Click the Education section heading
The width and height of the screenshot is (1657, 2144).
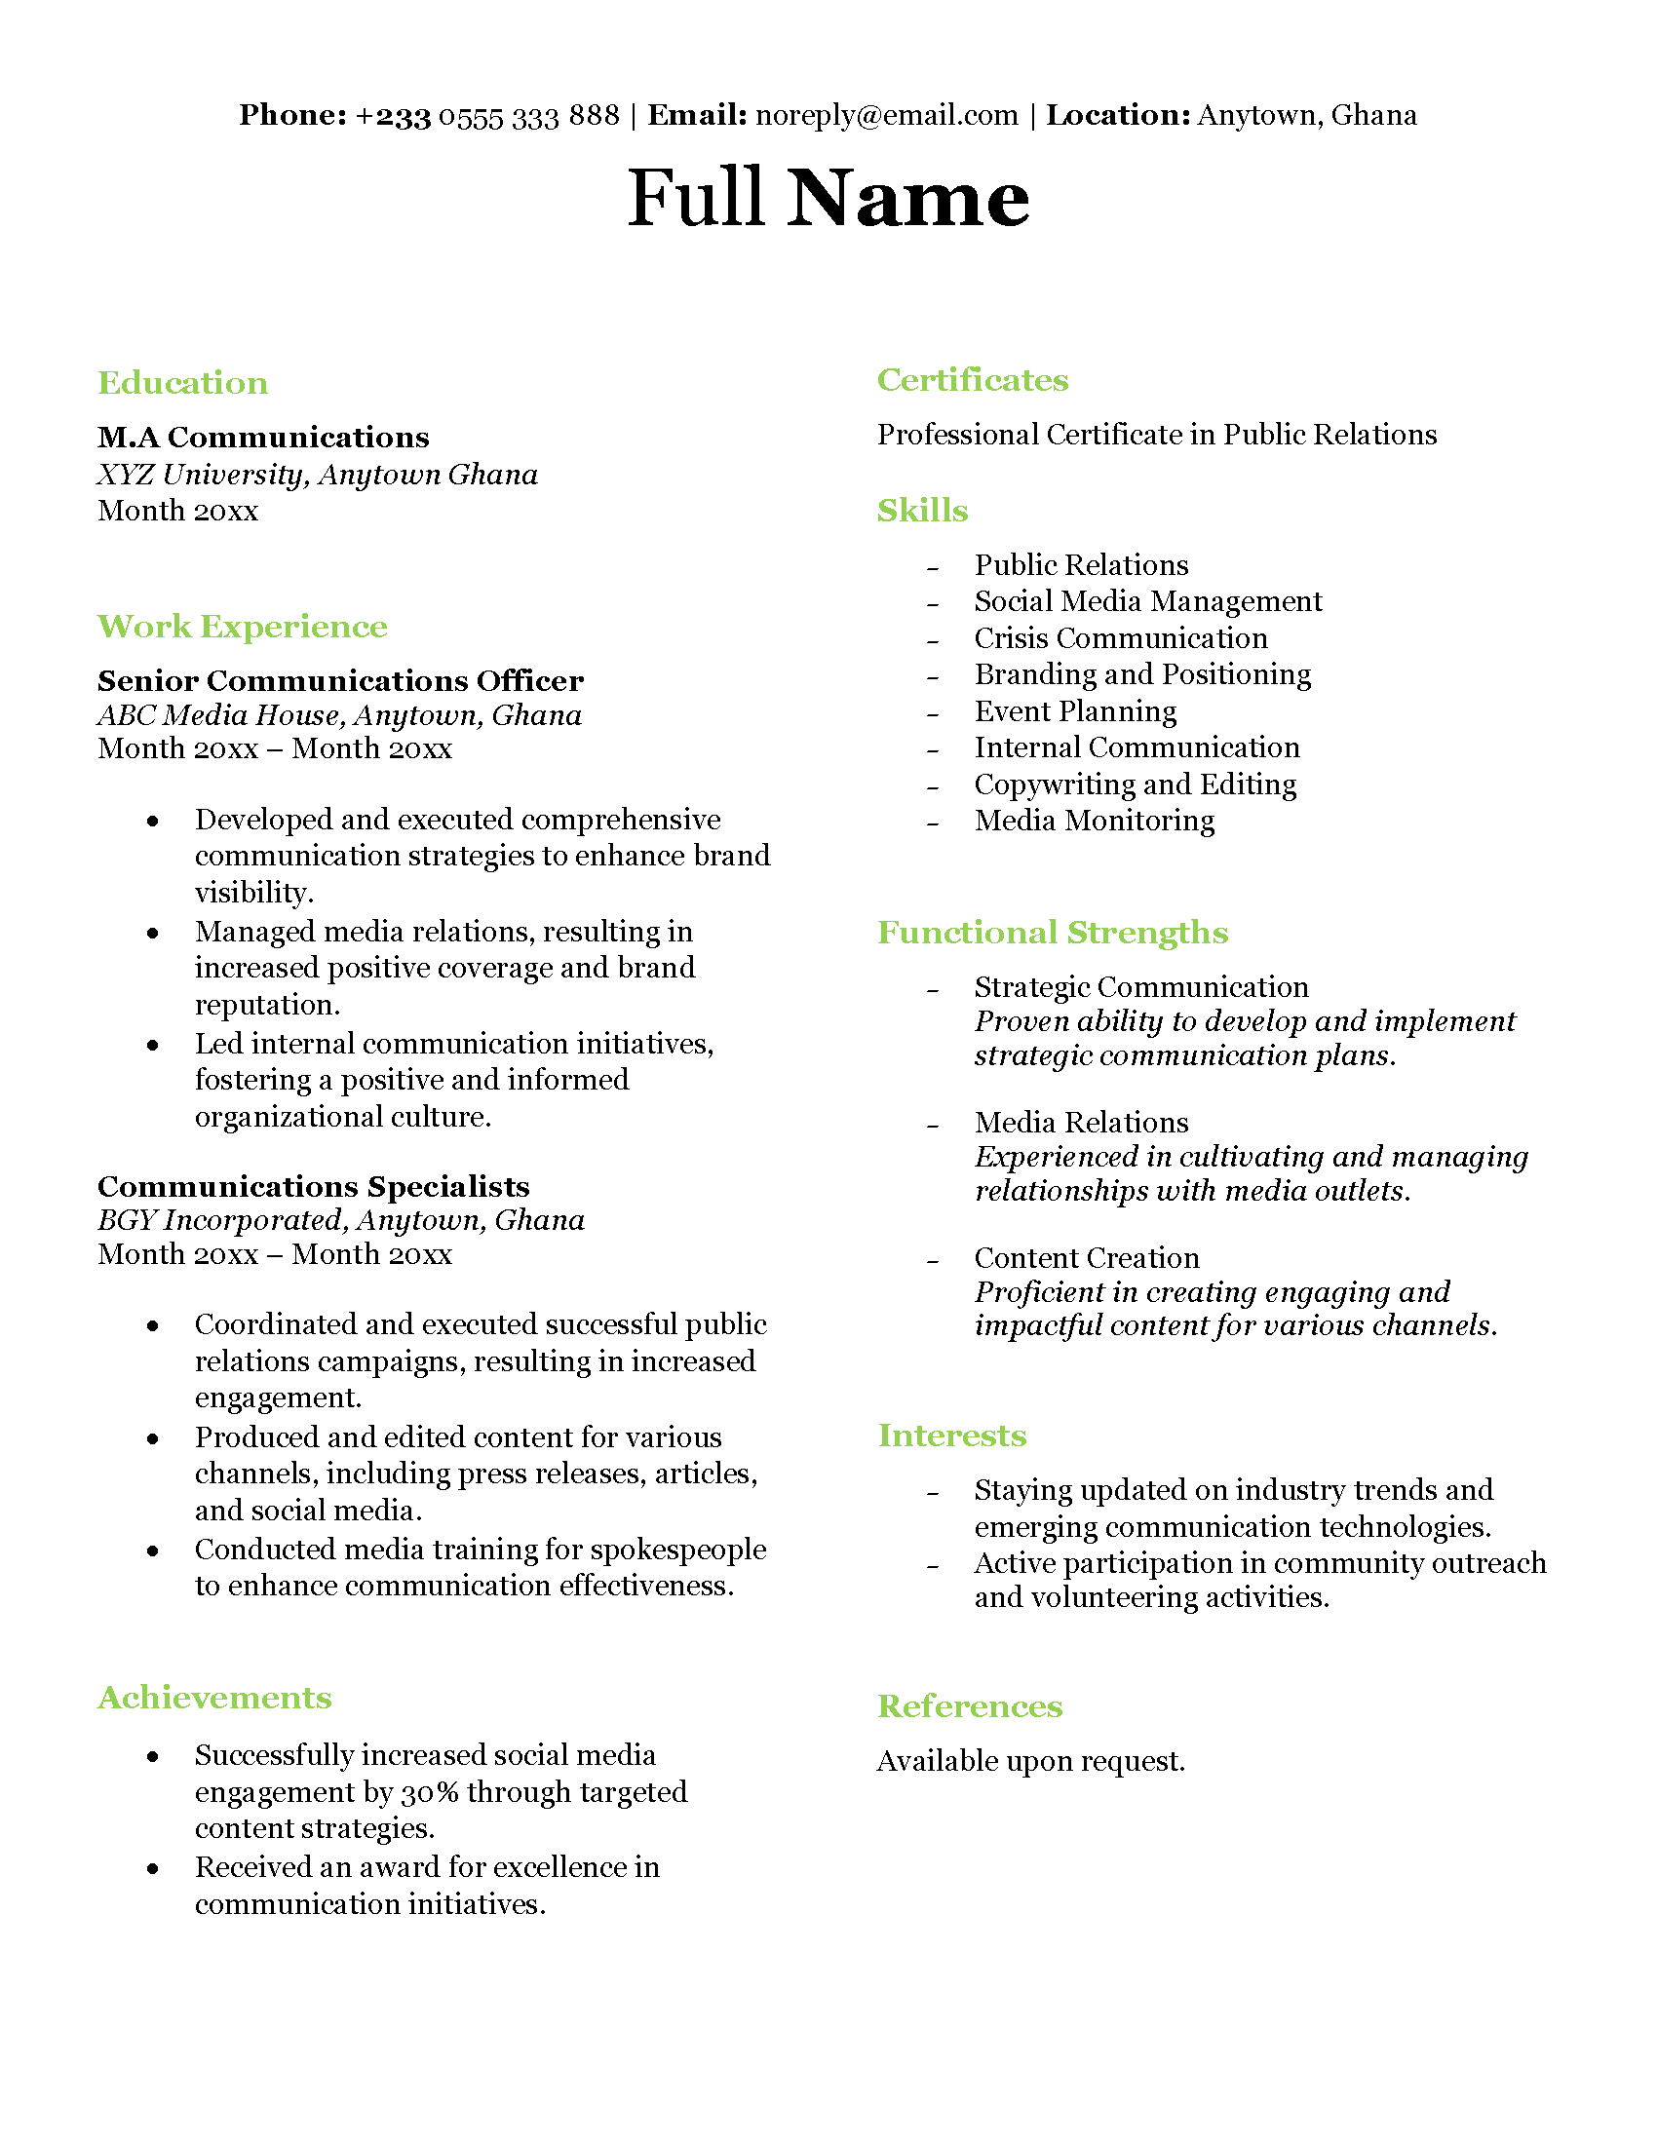[x=182, y=383]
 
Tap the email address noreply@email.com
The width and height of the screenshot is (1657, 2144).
[x=886, y=116]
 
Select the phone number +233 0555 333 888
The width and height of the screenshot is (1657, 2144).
[x=487, y=116]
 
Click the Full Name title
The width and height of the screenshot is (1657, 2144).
[x=828, y=198]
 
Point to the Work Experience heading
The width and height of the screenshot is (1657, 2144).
[x=243, y=627]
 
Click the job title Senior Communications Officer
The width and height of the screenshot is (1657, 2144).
[x=339, y=680]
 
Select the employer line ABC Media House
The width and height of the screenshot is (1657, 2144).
[x=338, y=715]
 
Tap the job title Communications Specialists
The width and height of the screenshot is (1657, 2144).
[x=313, y=1186]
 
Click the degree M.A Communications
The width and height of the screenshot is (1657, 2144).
[x=263, y=437]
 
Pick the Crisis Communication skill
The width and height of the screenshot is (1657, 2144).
[x=1120, y=638]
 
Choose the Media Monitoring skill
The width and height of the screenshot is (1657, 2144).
[x=1094, y=821]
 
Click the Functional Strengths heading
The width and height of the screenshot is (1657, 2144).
[x=1053, y=933]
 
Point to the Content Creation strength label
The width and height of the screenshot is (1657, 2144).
[x=1087, y=1257]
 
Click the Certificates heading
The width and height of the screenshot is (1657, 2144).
[x=972, y=380]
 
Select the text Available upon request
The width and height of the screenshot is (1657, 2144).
[x=1030, y=1761]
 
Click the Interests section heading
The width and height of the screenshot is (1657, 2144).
[x=951, y=1436]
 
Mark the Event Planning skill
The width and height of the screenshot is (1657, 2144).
[x=1075, y=710]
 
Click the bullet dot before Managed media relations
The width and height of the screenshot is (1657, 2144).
[x=153, y=933]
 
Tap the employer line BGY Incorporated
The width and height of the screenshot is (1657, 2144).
[x=340, y=1220]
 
